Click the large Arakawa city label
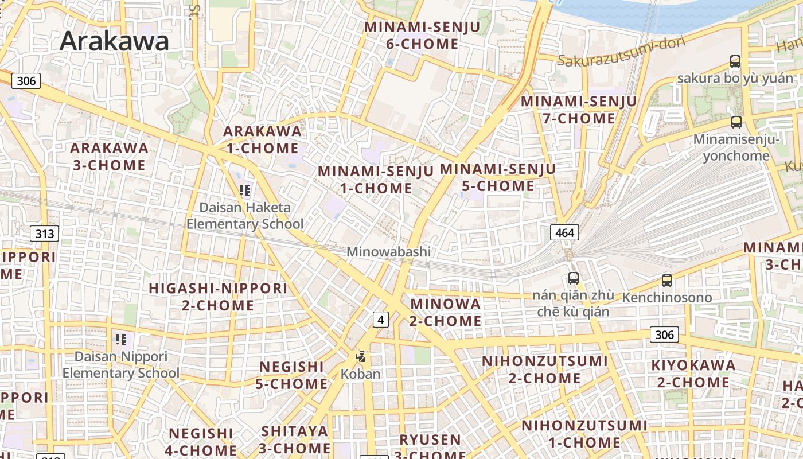pyautogui.click(x=114, y=41)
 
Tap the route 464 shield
pyautogui.click(x=564, y=232)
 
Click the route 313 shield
pyautogui.click(x=44, y=234)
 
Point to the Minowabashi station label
pyautogui.click(x=388, y=252)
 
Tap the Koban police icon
pyautogui.click(x=360, y=357)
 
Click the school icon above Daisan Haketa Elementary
pyautogui.click(x=245, y=190)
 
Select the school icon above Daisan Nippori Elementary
pyautogui.click(x=120, y=340)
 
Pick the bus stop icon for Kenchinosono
pyautogui.click(x=666, y=281)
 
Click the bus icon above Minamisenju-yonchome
pyautogui.click(x=736, y=122)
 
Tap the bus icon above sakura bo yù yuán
pyautogui.click(x=735, y=61)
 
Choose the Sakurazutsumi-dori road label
pyautogui.click(x=613, y=53)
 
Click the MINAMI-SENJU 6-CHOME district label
pyautogui.click(x=411, y=35)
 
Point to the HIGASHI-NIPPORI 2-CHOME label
pyautogui.click(x=218, y=297)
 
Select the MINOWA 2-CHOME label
pyautogui.click(x=445, y=312)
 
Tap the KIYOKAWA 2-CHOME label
pyautogui.click(x=693, y=374)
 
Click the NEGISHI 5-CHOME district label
pyautogui.click(x=292, y=375)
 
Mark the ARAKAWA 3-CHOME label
pyautogui.click(x=109, y=157)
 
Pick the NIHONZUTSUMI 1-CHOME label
pyautogui.click(x=584, y=434)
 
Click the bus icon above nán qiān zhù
pyautogui.click(x=573, y=278)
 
